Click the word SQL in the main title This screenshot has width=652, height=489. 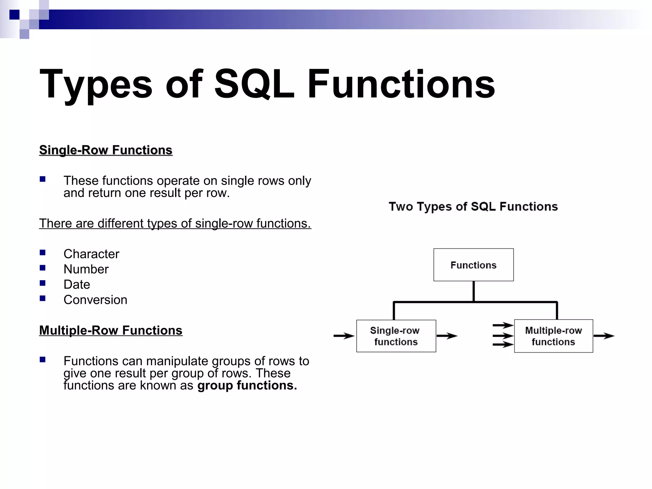(x=254, y=84)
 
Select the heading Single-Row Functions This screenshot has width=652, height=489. (x=106, y=150)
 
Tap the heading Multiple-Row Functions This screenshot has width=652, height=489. (x=111, y=330)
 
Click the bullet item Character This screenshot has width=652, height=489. (x=91, y=254)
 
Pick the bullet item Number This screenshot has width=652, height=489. (x=86, y=269)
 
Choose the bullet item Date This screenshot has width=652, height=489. (x=77, y=284)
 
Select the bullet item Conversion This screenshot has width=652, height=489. (x=95, y=300)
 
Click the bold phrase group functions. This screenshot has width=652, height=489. (x=247, y=386)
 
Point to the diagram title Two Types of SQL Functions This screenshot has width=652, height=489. (x=473, y=207)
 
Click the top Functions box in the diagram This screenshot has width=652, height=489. (x=473, y=265)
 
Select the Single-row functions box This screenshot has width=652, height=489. (x=396, y=336)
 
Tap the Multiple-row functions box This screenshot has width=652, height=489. (x=553, y=336)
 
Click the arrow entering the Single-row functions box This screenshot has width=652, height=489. (x=344, y=336)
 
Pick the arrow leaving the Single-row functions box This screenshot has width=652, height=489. (x=447, y=336)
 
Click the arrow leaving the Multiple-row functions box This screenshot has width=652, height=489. (x=604, y=336)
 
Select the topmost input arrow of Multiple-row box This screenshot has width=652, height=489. (x=503, y=325)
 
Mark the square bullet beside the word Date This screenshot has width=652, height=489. (x=43, y=283)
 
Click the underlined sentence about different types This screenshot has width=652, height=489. (x=175, y=223)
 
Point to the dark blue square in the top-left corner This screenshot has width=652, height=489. (x=14, y=15)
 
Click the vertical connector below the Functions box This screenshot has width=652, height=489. (x=474, y=291)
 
